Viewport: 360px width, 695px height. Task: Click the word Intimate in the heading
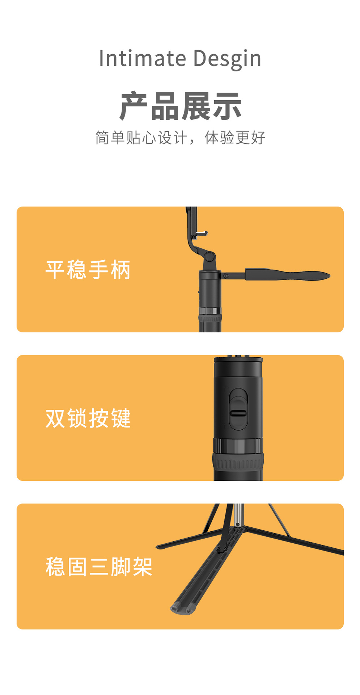(x=142, y=59)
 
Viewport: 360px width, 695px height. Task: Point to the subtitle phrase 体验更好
(x=235, y=138)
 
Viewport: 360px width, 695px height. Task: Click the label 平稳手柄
(x=88, y=270)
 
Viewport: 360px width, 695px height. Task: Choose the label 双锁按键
(x=88, y=418)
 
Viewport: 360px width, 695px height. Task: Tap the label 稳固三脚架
(x=99, y=566)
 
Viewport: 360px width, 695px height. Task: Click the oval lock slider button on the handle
(x=238, y=409)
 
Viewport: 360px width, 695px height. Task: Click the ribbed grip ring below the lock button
(x=238, y=463)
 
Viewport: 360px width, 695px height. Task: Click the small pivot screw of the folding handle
(x=226, y=276)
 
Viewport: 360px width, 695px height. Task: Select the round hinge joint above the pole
(x=209, y=258)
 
